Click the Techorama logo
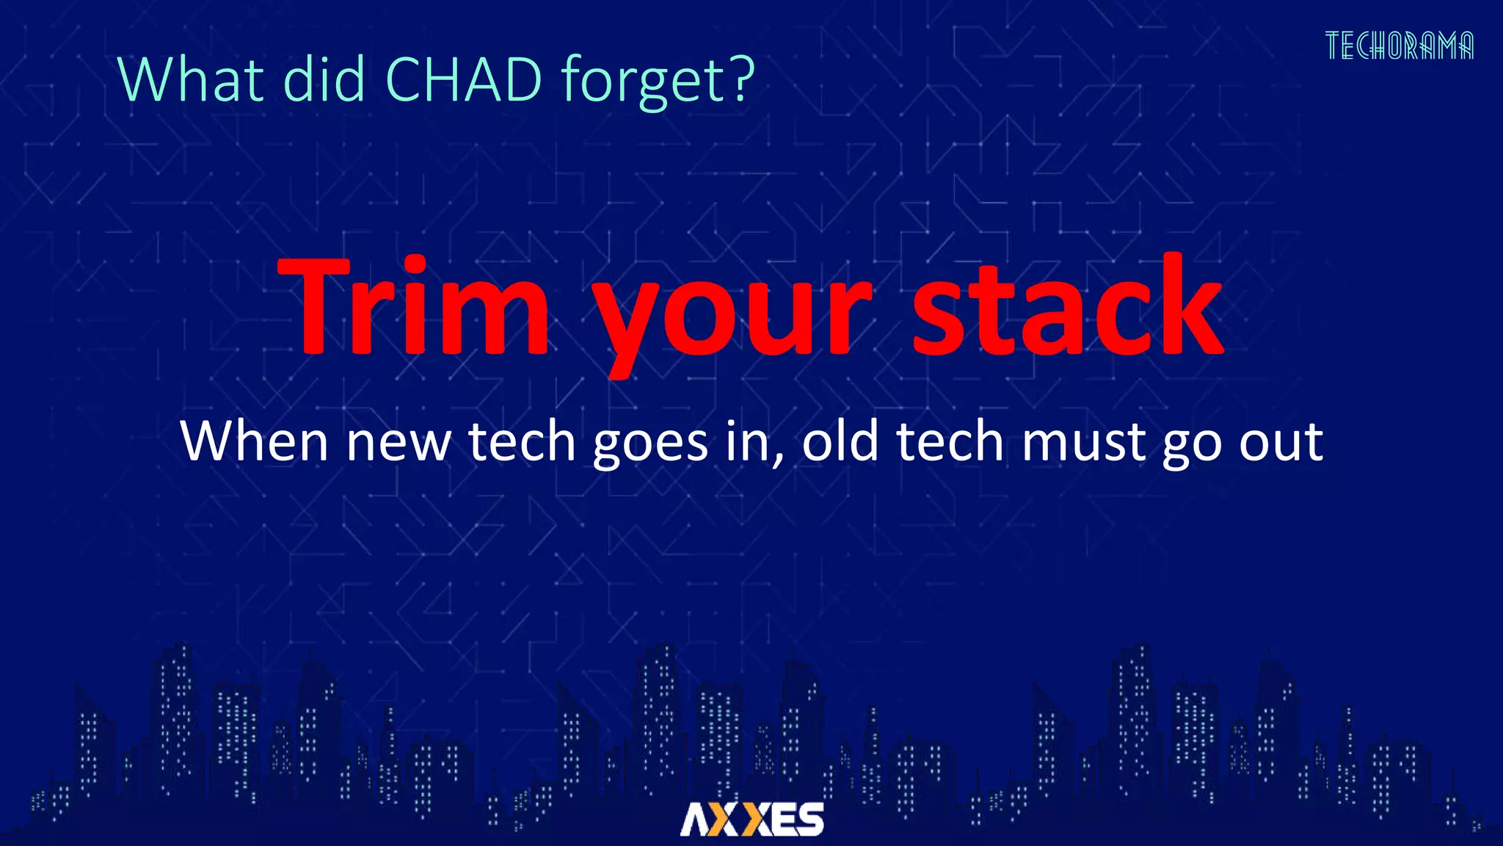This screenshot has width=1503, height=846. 1399,46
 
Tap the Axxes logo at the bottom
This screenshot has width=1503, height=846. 751,819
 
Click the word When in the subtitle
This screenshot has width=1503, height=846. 254,442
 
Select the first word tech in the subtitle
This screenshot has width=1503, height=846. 522,442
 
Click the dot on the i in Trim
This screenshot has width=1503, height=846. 415,265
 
